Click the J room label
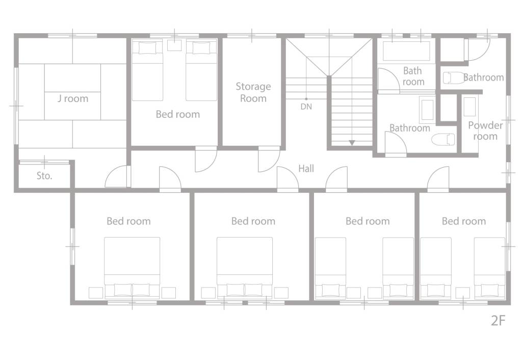(x=73, y=98)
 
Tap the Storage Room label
(x=253, y=92)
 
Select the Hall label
(x=306, y=168)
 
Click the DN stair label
(x=306, y=107)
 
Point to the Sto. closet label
(x=44, y=175)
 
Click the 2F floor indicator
(x=498, y=321)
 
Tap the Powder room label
(x=485, y=131)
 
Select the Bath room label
(x=413, y=76)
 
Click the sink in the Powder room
(x=469, y=107)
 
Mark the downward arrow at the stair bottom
(x=352, y=143)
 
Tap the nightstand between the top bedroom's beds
(x=174, y=45)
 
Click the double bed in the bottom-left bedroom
(x=132, y=268)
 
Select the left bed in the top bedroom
(x=147, y=70)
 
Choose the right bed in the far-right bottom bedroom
(x=489, y=268)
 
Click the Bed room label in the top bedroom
(x=178, y=114)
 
